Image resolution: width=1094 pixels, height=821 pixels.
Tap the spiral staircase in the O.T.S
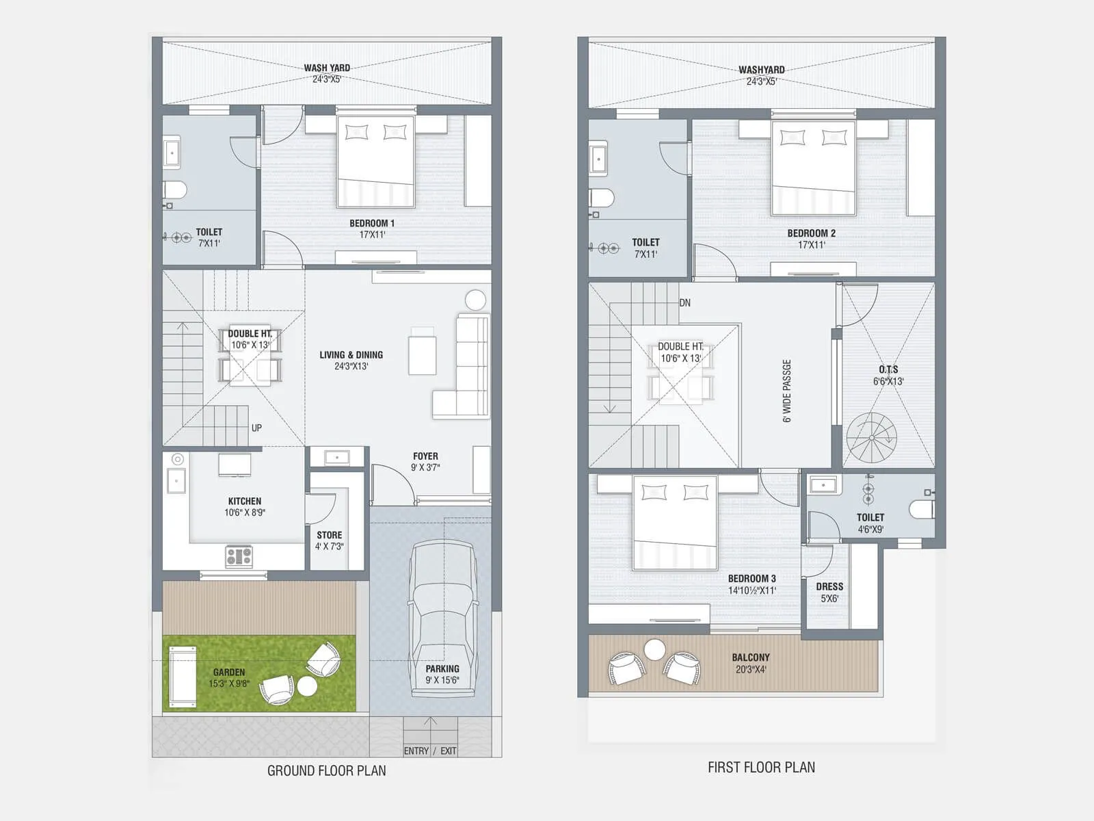[x=871, y=438]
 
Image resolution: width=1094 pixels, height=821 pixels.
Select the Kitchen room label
[x=245, y=501]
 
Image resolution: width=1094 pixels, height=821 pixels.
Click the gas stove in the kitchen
[x=239, y=556]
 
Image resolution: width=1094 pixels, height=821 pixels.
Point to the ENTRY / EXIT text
[x=429, y=751]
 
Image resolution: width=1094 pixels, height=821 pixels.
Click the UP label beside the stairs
[x=256, y=428]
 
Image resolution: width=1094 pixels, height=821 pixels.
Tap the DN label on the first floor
[x=685, y=302]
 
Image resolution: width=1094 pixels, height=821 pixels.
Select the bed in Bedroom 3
[x=675, y=523]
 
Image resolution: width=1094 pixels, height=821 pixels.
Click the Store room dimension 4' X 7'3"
[x=329, y=547]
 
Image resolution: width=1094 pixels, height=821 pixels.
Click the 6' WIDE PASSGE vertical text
[x=787, y=391]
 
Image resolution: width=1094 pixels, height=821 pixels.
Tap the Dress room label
[x=829, y=586]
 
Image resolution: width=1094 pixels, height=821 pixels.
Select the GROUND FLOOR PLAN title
[x=326, y=770]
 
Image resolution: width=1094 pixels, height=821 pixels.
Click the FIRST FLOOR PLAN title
[x=761, y=768]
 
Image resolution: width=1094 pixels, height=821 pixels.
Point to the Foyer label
[x=425, y=456]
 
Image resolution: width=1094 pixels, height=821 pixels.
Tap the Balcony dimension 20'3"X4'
[x=751, y=670]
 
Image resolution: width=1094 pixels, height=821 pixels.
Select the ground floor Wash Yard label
[x=327, y=68]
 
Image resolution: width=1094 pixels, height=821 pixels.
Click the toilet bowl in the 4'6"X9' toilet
[x=922, y=509]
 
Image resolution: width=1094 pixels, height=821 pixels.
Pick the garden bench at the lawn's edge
[x=183, y=675]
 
